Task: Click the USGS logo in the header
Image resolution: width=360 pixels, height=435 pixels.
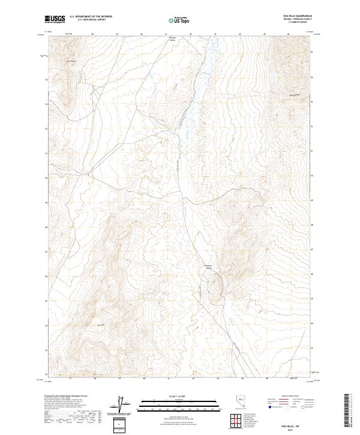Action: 55,19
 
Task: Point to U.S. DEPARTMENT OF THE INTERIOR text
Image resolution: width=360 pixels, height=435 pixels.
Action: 91,17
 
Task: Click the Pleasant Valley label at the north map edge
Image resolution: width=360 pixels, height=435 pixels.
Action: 172,40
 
